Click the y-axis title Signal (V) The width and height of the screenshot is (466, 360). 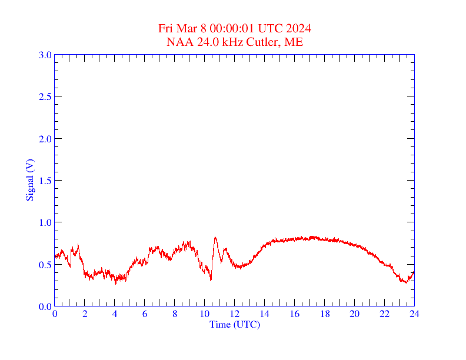coord(29,180)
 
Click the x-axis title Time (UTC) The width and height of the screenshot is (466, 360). coord(234,324)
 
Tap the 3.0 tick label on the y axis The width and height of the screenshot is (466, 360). coord(45,55)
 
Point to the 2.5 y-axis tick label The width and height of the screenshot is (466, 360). coord(45,96)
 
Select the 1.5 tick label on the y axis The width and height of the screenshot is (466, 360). coord(45,181)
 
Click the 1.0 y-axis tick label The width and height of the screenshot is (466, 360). coord(45,222)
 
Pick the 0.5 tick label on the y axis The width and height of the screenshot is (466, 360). coord(45,265)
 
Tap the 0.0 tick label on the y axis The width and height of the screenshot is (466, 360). coord(45,306)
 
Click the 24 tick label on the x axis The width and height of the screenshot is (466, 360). coord(414,314)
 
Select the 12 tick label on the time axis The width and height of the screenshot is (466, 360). coord(235,314)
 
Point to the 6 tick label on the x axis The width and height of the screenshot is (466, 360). coord(145,314)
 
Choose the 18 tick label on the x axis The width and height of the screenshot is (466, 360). coord(325,314)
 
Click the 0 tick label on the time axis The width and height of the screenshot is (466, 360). coord(55,314)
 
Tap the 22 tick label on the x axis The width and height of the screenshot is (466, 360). coord(385,314)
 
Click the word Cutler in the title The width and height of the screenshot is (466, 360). coord(267,42)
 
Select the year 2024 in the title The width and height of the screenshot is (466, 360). coord(298,29)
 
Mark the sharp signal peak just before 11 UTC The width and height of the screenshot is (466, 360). coord(215,238)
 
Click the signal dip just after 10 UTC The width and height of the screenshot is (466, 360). coord(211,279)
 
